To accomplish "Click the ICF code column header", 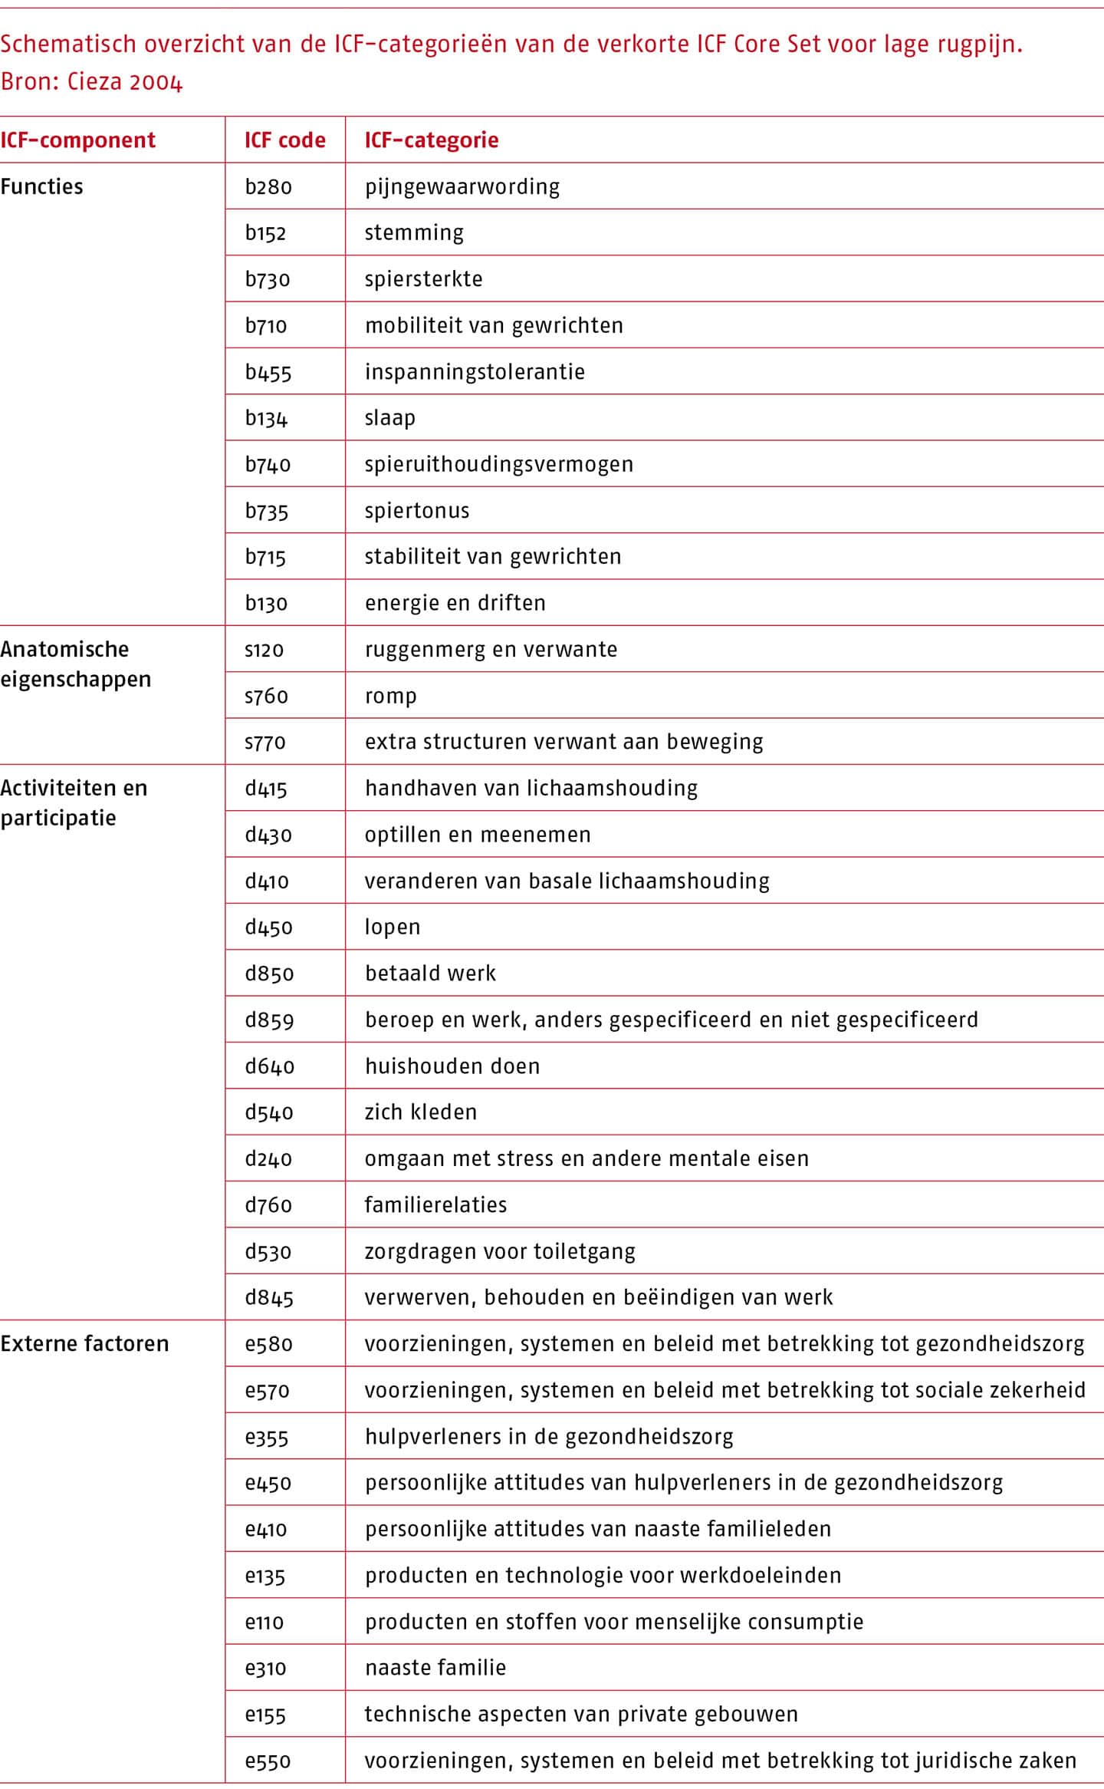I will click(x=284, y=140).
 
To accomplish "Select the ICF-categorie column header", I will click(x=431, y=140).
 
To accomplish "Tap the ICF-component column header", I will click(x=77, y=140).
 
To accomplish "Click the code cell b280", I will click(x=268, y=187).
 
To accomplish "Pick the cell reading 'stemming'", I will click(x=414, y=233).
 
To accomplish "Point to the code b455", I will click(x=268, y=373).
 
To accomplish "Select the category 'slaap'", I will click(x=389, y=418).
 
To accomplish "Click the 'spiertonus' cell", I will click(x=416, y=511).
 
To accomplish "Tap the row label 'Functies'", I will click(x=41, y=187).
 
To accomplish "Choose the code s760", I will click(x=266, y=697).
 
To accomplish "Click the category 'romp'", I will click(x=390, y=697).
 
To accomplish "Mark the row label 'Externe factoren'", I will click(x=84, y=1344).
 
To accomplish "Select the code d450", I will click(x=268, y=927).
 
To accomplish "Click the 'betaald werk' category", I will click(x=430, y=974).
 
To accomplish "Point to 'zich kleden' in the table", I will click(x=420, y=1112).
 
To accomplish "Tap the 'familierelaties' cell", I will click(x=435, y=1205).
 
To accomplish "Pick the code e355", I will click(x=267, y=1437).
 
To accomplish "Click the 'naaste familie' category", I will click(x=435, y=1668).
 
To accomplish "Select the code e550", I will click(x=268, y=1761).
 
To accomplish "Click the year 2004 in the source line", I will click(x=155, y=82).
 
